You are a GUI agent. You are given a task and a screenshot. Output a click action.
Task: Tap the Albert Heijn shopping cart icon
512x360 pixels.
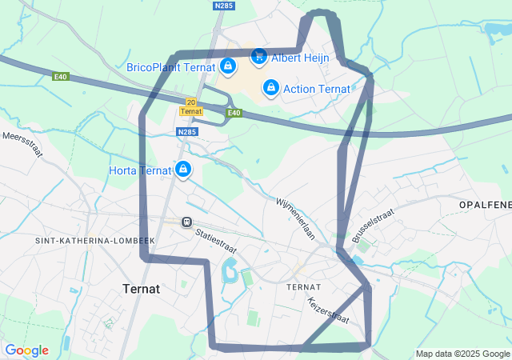258,57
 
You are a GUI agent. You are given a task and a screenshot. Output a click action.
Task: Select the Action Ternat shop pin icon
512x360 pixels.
270,87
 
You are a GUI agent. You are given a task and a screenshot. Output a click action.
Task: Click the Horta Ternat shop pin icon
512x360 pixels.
184,170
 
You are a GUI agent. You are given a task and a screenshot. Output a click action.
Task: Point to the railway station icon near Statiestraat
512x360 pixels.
186,222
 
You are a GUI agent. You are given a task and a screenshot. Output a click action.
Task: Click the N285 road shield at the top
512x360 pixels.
225,6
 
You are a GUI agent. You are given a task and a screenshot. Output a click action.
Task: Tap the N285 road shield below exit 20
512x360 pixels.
186,132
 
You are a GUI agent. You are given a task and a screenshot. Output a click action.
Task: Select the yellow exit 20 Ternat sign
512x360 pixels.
190,106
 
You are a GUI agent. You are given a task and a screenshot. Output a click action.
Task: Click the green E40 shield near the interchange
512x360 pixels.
233,113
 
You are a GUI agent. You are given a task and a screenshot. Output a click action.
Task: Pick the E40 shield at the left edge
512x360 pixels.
61,77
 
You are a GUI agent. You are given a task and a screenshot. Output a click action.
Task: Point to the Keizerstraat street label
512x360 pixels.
328,310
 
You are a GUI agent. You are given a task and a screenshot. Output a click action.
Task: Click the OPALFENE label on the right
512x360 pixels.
485,206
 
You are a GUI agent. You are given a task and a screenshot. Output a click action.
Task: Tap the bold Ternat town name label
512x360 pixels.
142,288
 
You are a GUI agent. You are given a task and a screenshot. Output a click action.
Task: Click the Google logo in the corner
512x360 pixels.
26,350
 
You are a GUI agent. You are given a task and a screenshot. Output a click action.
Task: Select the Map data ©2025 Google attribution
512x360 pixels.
462,354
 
